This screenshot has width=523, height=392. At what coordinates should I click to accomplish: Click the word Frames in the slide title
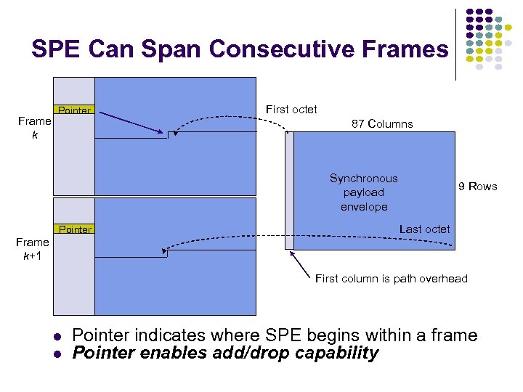(x=408, y=49)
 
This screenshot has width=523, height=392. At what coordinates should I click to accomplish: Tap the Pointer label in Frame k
(x=75, y=111)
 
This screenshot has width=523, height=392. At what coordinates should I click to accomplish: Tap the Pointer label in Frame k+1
(x=75, y=229)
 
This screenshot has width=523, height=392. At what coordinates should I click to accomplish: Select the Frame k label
(x=34, y=128)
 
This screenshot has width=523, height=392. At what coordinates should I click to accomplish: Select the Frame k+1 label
(x=34, y=249)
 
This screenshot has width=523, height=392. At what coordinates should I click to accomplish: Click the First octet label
(x=291, y=110)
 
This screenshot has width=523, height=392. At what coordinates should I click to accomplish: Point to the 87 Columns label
(x=382, y=124)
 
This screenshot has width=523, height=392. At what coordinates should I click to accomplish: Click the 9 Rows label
(x=477, y=187)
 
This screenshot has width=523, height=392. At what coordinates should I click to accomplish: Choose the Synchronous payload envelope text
(x=364, y=192)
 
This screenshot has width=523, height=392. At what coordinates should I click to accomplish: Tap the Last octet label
(x=424, y=229)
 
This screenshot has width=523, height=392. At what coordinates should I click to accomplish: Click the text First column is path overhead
(x=391, y=279)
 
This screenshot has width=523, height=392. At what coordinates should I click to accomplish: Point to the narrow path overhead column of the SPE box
(x=290, y=191)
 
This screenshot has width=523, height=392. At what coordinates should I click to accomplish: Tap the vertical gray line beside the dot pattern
(x=455, y=44)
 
